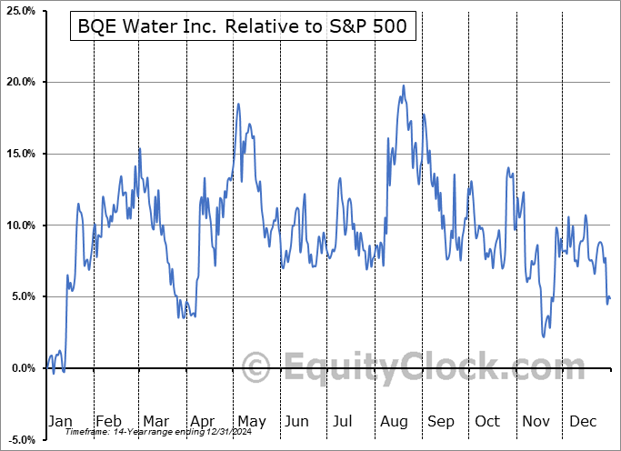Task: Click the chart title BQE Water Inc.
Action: [x=244, y=28]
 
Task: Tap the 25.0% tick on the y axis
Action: [x=20, y=11]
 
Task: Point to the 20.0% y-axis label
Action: [x=20, y=83]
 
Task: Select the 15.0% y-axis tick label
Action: [x=20, y=154]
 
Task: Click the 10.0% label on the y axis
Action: [x=20, y=225]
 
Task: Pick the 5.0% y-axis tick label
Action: [x=22, y=296]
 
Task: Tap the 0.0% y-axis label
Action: [x=22, y=368]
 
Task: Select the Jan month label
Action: [x=59, y=421]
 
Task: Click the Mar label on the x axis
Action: [x=155, y=421]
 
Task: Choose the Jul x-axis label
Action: [x=344, y=421]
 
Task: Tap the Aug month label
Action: [x=393, y=421]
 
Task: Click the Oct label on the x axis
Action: [x=487, y=421]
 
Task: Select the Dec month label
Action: [x=582, y=421]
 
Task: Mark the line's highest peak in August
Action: [x=403, y=85]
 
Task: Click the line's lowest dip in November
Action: [x=544, y=336]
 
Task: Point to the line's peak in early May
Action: [x=238, y=104]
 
